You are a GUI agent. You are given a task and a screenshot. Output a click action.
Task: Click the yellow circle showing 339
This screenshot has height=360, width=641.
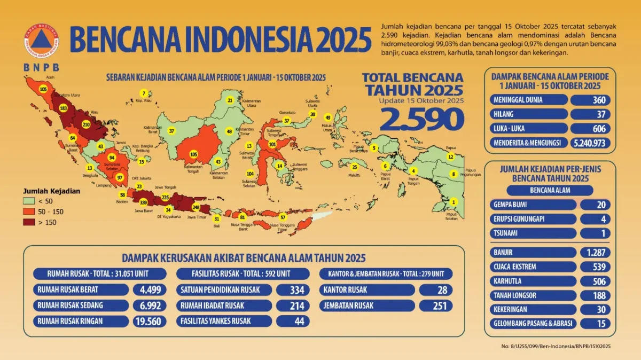click(143, 202)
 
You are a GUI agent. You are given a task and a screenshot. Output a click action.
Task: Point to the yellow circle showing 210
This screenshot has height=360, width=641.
click(85, 124)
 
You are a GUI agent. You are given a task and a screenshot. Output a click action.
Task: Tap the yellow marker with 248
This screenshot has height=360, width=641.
click(196, 207)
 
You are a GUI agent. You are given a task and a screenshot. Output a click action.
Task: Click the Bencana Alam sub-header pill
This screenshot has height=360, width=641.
click(550, 190)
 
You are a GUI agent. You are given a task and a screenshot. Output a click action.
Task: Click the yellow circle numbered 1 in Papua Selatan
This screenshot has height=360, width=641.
click(454, 202)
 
